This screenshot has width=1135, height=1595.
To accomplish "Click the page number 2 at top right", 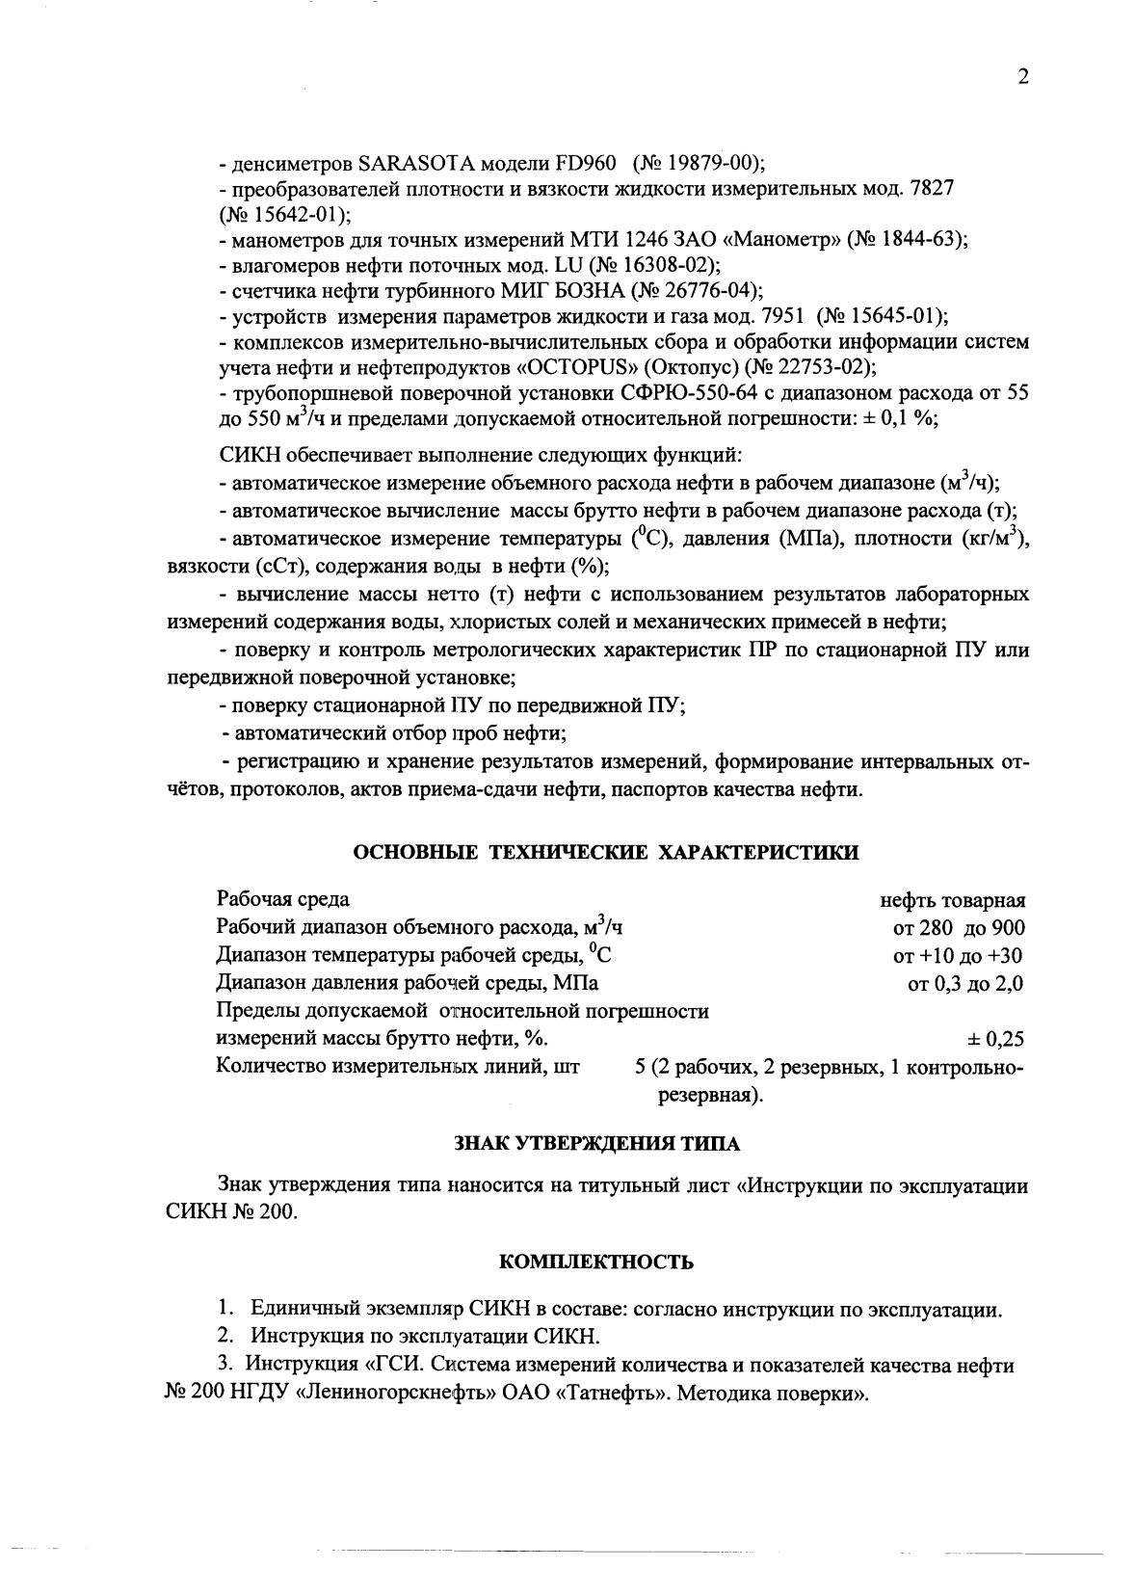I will click(1023, 77).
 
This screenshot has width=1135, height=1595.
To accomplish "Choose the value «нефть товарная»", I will click(952, 901).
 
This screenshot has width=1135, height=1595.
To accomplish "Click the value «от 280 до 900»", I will click(959, 928).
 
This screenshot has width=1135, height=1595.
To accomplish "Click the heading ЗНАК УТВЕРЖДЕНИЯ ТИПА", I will click(596, 1144).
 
